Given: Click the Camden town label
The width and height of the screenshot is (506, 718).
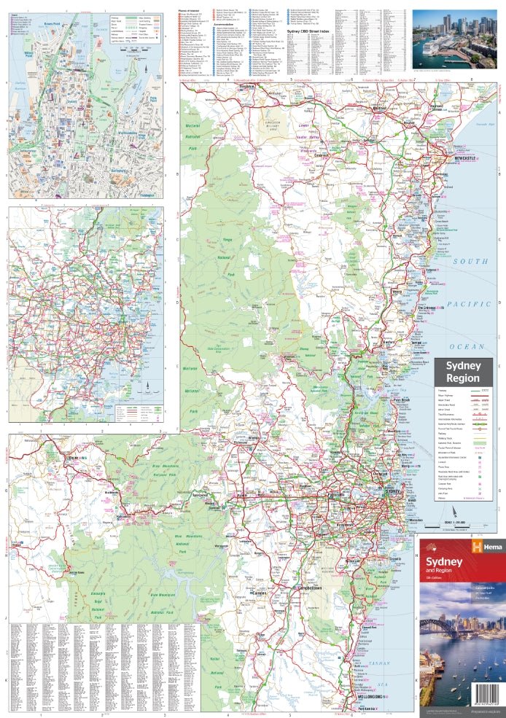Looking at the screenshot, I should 259,593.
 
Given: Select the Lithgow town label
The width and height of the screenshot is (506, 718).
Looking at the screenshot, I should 73,457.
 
